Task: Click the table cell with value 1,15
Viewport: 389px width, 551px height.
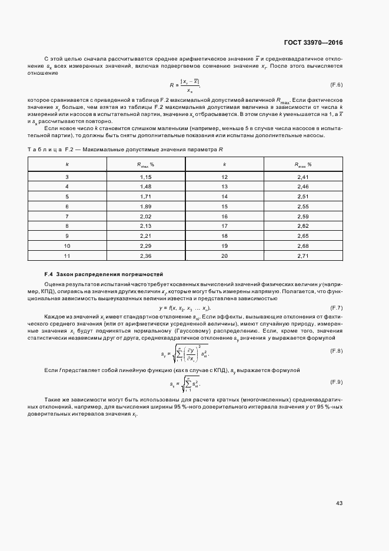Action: pyautogui.click(x=146, y=177)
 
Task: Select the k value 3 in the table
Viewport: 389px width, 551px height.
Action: pyautogui.click(x=67, y=177)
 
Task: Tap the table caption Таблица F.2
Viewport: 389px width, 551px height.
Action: pyautogui.click(x=125, y=150)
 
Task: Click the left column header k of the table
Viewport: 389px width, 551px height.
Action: pyautogui.click(x=67, y=164)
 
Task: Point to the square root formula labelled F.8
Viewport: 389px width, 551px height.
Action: pyautogui.click(x=185, y=353)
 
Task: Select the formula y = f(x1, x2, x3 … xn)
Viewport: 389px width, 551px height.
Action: pyautogui.click(x=185, y=308)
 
